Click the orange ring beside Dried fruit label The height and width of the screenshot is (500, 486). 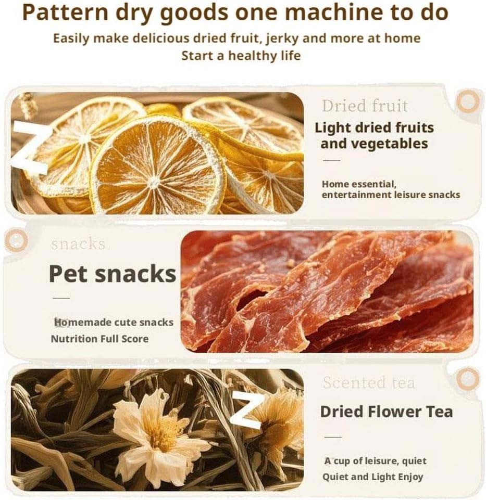point(467,102)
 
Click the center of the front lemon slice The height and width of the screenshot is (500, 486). point(154,182)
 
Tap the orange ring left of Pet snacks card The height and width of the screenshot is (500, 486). point(16,240)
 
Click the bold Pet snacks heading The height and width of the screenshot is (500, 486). point(113,273)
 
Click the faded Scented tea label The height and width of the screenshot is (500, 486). point(368,383)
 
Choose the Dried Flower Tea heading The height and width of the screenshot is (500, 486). point(386,412)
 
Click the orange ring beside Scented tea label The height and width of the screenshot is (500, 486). point(467,378)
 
